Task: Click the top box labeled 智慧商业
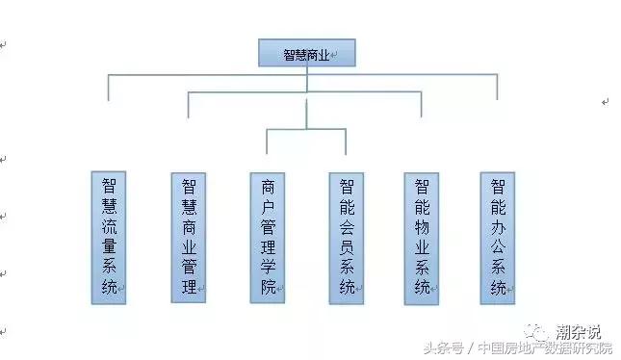[x=307, y=53]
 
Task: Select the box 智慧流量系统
[x=109, y=238]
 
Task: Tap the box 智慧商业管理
[x=189, y=238]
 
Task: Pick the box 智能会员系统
[x=347, y=238]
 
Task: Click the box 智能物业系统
[x=421, y=238]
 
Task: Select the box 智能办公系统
[x=498, y=238]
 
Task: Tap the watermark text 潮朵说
[x=579, y=331]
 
